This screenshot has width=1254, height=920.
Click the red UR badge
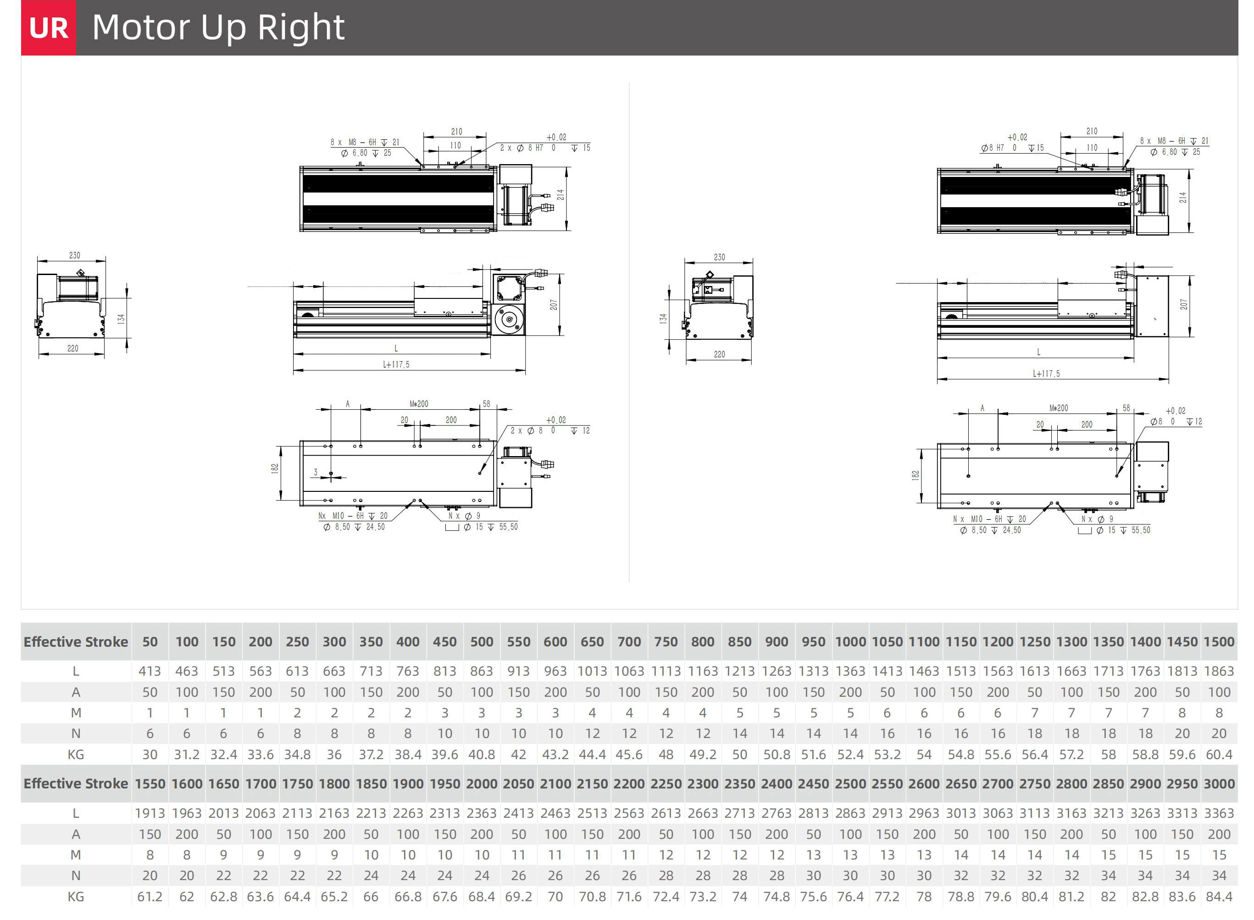[x=49, y=28]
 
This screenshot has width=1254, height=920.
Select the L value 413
[x=150, y=671]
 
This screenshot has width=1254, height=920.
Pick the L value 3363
[x=1219, y=813]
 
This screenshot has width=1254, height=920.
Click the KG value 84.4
[x=1219, y=897]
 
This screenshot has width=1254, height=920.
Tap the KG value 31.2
[x=187, y=755]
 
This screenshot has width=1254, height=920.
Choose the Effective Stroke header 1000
[x=850, y=642]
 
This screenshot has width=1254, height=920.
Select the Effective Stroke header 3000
[x=1219, y=783]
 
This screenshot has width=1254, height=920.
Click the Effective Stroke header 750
[x=666, y=642]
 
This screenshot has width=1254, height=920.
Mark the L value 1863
[x=1219, y=671]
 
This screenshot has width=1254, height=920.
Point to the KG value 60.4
[x=1219, y=755]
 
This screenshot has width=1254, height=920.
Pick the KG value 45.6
[x=629, y=755]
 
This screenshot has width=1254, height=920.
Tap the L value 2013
[x=223, y=813]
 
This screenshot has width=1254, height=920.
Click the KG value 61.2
[x=150, y=897]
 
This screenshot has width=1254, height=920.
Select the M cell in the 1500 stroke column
[x=1219, y=713]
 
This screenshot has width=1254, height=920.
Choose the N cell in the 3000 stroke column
[x=1219, y=876]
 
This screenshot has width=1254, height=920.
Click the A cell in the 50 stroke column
[x=150, y=692]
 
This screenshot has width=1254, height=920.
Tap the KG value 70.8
[x=592, y=897]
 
